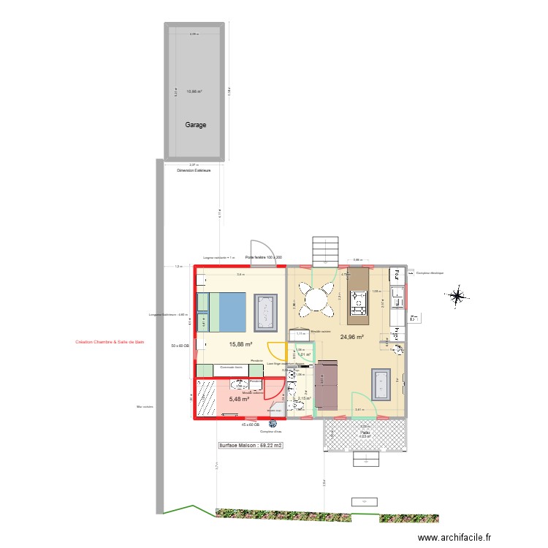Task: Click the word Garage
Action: [x=194, y=125]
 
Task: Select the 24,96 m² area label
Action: [x=351, y=338]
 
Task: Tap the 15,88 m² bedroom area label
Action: [x=240, y=345]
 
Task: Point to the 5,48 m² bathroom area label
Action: [x=239, y=399]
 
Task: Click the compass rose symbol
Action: [x=457, y=296]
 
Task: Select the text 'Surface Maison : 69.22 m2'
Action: [x=251, y=445]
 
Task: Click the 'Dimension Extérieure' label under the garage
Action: [x=194, y=170]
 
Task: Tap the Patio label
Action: [x=365, y=433]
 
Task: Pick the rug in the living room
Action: [x=383, y=387]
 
